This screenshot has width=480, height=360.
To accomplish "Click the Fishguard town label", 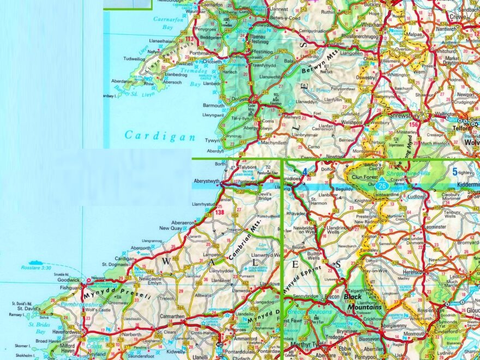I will coord(70,287).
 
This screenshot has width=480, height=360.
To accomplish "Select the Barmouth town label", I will coord(213,105).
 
